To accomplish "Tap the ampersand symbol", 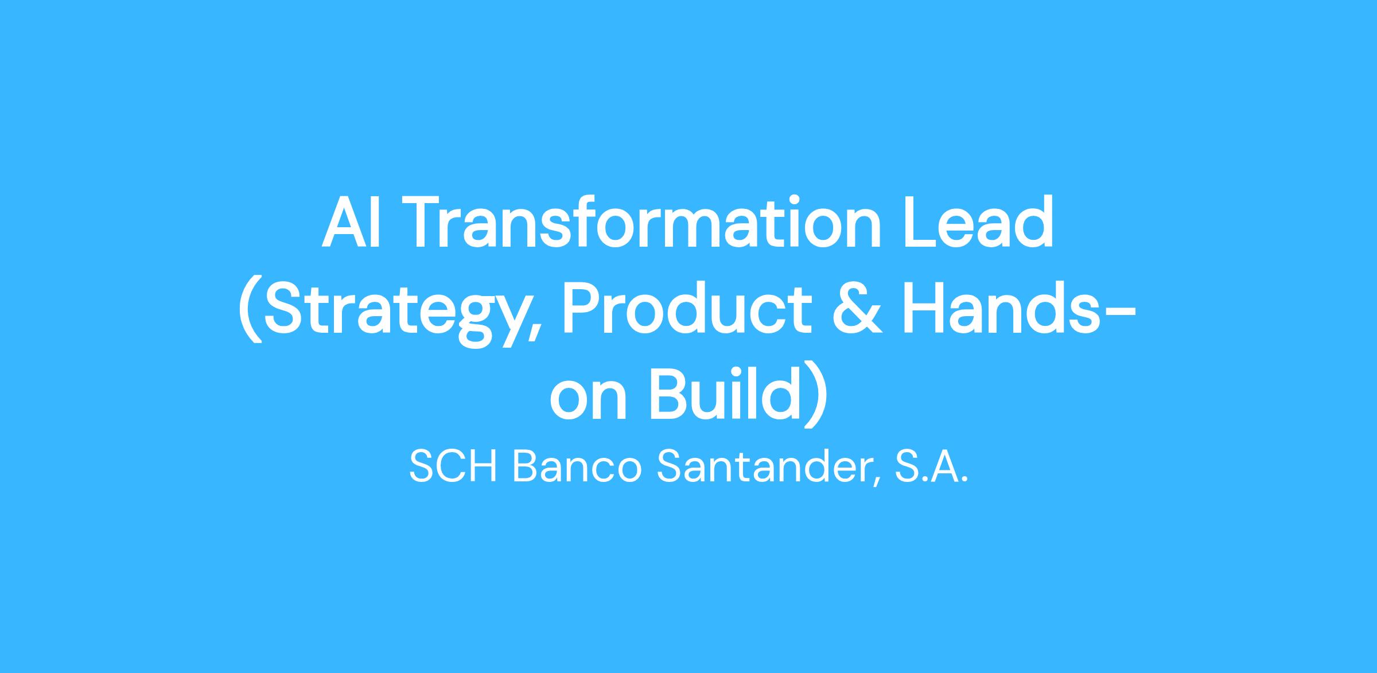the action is click(858, 310).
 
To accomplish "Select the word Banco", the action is click(575, 466).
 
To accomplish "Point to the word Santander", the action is click(763, 466).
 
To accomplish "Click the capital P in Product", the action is click(582, 309).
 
